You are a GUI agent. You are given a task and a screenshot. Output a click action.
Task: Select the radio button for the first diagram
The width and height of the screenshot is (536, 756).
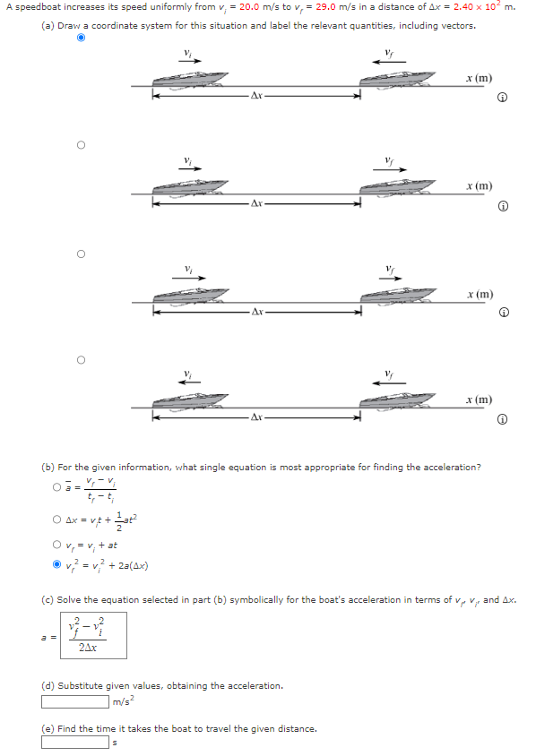click(x=81, y=39)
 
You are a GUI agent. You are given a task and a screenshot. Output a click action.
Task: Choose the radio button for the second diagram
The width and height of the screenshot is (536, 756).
click(x=81, y=144)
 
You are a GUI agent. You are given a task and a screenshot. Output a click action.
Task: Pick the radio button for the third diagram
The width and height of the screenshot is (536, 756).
click(x=81, y=253)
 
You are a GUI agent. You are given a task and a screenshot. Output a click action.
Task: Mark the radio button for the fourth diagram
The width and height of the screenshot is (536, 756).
click(x=81, y=360)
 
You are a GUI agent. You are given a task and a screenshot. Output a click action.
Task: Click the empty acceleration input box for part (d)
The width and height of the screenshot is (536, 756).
click(x=74, y=700)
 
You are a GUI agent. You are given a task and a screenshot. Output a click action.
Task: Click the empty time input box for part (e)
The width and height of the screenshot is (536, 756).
click(x=74, y=742)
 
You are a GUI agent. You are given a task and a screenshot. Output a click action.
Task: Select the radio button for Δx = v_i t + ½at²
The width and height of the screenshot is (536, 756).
click(x=56, y=519)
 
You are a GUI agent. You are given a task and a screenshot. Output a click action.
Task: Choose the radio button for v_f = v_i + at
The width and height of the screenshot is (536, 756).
click(x=56, y=544)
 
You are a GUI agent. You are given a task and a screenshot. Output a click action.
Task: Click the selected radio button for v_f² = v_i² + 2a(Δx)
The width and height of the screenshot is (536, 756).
click(x=56, y=564)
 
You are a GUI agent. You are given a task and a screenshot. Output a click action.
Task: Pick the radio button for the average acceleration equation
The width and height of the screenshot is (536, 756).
click(x=56, y=487)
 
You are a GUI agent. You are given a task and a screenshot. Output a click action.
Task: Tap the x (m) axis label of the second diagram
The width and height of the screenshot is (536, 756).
click(x=478, y=185)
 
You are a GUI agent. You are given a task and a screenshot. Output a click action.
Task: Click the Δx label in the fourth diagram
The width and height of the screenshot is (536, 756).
click(x=256, y=417)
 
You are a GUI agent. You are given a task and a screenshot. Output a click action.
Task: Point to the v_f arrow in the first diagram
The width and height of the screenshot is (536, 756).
click(x=390, y=62)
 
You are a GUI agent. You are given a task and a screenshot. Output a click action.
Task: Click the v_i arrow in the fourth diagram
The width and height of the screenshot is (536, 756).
click(x=188, y=382)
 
